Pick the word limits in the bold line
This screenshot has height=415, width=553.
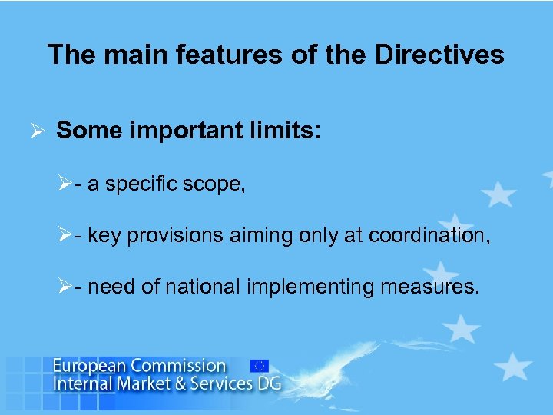(280, 131)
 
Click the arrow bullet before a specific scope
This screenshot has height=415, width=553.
(65, 184)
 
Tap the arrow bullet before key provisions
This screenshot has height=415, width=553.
(65, 235)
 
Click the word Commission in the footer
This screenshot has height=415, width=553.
(177, 367)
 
